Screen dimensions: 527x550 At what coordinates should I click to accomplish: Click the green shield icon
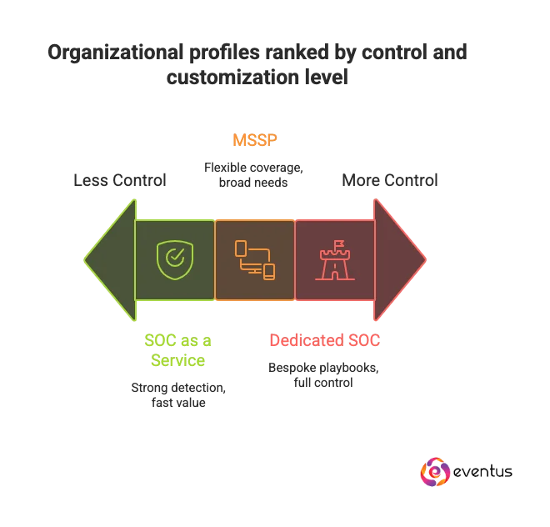coord(173,259)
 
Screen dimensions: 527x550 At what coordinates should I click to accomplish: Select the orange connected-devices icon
coord(254,259)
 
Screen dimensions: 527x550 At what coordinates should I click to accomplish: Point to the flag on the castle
coord(339,246)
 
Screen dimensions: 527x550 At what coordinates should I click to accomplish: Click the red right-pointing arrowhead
coord(399,259)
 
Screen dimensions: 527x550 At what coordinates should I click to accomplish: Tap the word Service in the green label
coord(177,360)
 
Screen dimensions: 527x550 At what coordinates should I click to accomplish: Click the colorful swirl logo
coord(436,471)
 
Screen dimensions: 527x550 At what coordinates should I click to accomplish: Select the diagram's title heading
coord(256,64)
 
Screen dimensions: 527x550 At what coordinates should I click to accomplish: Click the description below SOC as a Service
coord(177,394)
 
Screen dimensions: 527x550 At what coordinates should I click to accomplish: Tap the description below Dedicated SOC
coord(323,374)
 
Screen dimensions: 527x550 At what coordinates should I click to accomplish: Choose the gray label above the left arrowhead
coord(120,178)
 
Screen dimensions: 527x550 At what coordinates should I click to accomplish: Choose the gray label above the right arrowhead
coord(390,178)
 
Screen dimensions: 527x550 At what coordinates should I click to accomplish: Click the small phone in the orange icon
coord(268,271)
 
